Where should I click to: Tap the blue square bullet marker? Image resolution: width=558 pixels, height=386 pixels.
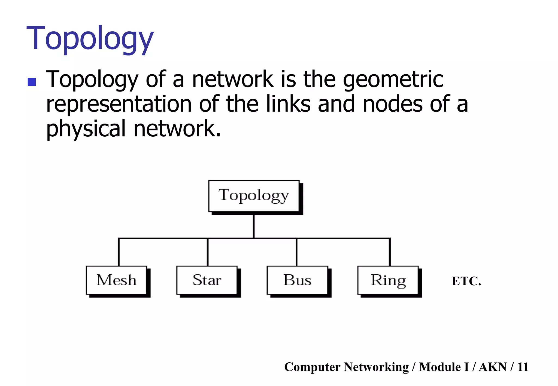tap(32, 82)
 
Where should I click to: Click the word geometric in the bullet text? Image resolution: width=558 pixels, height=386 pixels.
tap(393, 79)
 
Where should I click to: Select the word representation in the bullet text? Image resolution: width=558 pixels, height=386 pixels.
tap(119, 104)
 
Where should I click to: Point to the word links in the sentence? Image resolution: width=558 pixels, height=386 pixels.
tap(288, 104)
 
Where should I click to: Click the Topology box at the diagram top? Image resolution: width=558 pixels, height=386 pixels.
tap(254, 196)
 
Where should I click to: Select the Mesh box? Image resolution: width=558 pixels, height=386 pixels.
tap(116, 280)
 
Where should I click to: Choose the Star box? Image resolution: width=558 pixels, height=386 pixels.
tap(207, 280)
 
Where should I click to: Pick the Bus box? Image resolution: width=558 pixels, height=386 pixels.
tap(297, 280)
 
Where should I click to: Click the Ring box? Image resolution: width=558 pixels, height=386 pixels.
tap(388, 280)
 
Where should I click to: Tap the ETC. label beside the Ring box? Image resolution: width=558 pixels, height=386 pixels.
tap(466, 281)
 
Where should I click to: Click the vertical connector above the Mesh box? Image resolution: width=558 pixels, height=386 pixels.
tap(119, 252)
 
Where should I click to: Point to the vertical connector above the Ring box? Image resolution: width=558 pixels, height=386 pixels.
tap(390, 252)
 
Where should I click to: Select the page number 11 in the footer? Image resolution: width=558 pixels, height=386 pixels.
tap(523, 367)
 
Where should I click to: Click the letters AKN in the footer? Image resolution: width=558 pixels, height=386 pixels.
tap(493, 367)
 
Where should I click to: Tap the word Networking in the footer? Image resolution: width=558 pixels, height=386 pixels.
tap(376, 367)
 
